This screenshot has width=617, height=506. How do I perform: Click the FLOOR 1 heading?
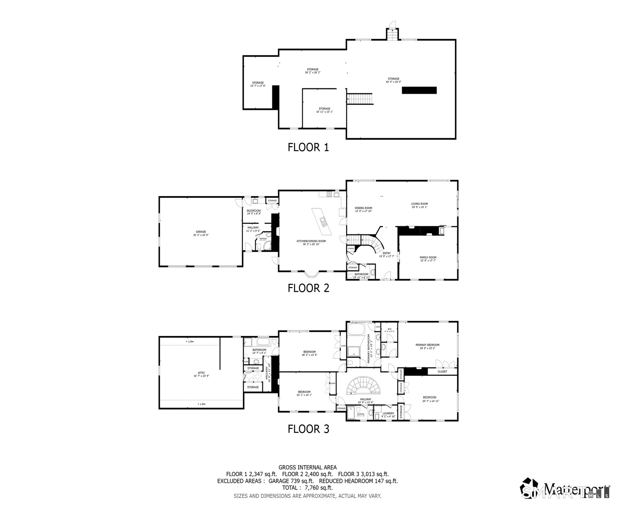click(308, 147)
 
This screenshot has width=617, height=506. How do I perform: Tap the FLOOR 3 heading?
click(308, 429)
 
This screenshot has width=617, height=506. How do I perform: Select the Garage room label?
click(201, 233)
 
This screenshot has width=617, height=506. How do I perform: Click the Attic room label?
click(201, 374)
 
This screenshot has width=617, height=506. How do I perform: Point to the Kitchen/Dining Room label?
click(311, 242)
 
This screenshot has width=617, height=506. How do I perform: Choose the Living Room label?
click(419, 205)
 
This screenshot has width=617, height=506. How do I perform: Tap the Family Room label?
click(428, 259)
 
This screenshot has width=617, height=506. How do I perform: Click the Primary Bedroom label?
click(427, 346)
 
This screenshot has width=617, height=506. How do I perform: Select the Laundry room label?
click(388, 415)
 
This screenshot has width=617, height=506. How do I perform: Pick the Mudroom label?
click(254, 212)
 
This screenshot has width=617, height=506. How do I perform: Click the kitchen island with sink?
click(322, 221)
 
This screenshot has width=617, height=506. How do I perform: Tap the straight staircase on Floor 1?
click(359, 99)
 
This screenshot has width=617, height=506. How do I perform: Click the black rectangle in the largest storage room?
click(419, 90)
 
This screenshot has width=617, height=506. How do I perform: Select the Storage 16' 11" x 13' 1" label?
click(324, 110)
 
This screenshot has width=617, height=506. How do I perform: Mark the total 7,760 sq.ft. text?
click(307, 488)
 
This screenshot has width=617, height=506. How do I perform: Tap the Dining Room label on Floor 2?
click(363, 209)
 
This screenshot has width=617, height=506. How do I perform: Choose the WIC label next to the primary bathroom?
click(389, 330)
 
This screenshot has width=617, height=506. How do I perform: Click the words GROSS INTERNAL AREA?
click(307, 467)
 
